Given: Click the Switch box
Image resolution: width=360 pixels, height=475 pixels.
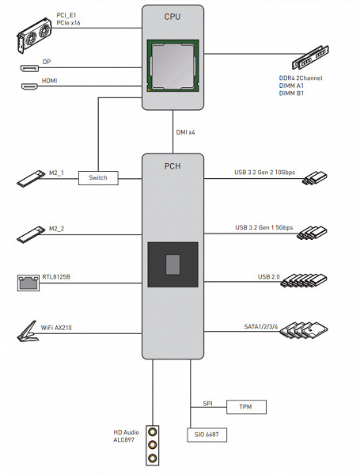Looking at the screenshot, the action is click(x=98, y=178).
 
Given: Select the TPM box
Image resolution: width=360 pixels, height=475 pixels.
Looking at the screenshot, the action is click(x=246, y=407).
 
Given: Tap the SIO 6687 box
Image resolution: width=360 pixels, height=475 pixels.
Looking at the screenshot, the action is click(x=207, y=435).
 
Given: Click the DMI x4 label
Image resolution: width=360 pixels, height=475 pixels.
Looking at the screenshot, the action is click(x=186, y=132).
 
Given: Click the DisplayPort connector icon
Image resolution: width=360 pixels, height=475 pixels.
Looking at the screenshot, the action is click(x=30, y=68).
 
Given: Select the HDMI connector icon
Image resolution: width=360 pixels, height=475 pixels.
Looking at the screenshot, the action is click(x=29, y=86).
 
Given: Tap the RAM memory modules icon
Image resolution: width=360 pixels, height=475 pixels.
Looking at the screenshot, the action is click(x=310, y=57).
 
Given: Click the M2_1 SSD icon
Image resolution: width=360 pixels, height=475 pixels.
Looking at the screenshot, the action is click(x=31, y=178).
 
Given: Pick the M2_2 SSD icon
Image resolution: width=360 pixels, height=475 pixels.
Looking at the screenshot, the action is click(x=31, y=234).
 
